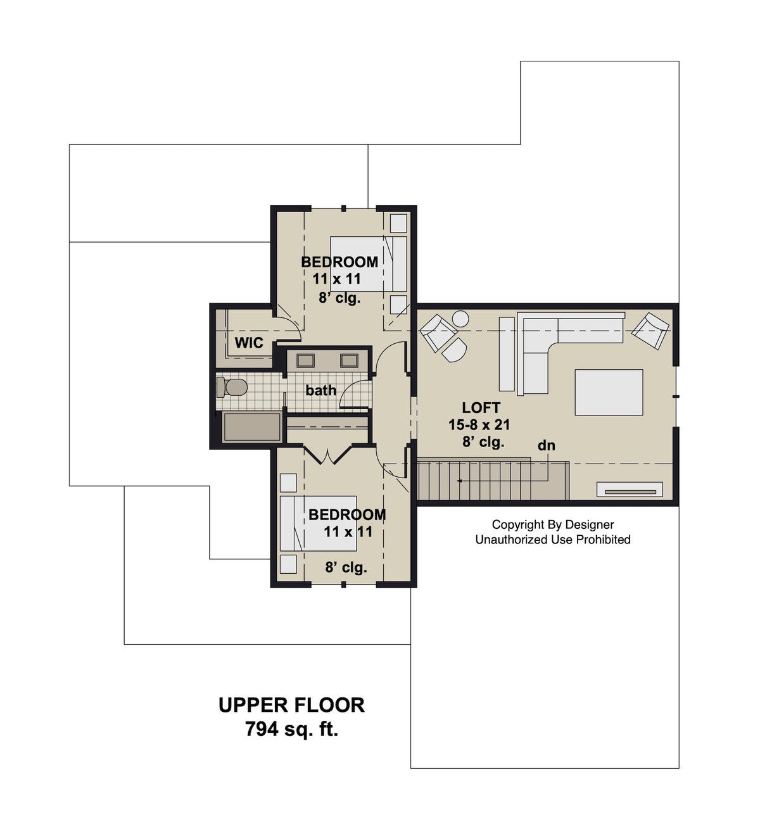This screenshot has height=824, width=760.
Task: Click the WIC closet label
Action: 249,343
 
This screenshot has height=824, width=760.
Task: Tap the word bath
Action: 320,390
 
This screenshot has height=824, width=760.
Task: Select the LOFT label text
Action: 481,408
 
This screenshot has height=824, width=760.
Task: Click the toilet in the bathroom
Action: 231,387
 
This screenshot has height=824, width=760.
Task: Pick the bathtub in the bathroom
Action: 253,426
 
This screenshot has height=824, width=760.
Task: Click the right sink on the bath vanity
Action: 349,360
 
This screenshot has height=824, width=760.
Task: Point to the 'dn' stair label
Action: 546,446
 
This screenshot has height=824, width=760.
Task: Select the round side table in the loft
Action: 460,319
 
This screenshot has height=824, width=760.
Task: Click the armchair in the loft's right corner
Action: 650,330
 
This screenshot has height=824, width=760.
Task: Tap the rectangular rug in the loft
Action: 609,392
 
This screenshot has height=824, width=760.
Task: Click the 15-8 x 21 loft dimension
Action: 479,425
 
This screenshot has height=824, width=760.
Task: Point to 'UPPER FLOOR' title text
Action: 291,705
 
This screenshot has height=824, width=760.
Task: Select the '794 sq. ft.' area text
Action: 291,730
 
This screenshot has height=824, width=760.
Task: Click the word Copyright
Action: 517,524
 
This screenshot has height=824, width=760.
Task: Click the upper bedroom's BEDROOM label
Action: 339,262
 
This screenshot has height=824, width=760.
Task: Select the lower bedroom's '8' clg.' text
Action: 346,567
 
